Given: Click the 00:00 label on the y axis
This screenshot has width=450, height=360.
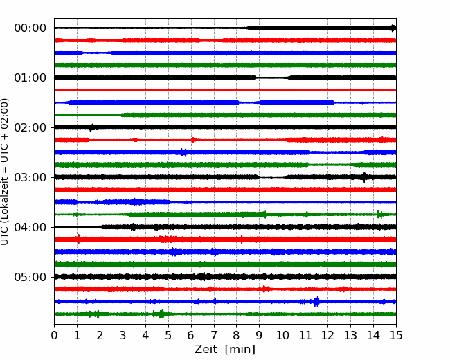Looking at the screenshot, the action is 30,28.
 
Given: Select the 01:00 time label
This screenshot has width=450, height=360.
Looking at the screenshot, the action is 30,78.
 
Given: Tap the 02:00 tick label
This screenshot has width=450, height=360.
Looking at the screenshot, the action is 30,127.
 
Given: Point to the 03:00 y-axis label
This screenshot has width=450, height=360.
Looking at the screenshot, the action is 30,177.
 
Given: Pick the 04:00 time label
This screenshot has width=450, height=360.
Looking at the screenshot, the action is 30,227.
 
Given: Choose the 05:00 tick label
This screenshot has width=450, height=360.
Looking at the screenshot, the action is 30,277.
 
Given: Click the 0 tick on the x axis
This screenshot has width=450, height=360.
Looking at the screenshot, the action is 54,335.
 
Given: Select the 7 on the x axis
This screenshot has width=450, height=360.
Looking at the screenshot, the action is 214,335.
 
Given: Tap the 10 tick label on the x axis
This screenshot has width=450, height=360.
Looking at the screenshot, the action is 282,335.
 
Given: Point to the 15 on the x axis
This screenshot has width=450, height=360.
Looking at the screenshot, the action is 396,335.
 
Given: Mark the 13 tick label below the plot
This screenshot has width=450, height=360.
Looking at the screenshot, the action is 350,335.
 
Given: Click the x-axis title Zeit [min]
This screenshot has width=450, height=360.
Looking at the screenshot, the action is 225,350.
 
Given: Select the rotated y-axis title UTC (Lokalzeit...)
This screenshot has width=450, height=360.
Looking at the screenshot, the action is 5,172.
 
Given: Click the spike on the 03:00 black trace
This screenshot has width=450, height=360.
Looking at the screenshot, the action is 364,177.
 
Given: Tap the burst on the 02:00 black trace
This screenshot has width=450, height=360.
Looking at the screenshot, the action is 92,127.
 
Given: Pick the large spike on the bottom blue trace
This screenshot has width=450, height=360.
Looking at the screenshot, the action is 316,301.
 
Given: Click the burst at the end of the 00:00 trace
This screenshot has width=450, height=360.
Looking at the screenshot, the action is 393,28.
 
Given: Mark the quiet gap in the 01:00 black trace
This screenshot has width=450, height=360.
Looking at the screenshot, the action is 273,78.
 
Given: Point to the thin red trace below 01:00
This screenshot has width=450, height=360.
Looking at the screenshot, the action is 225,90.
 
